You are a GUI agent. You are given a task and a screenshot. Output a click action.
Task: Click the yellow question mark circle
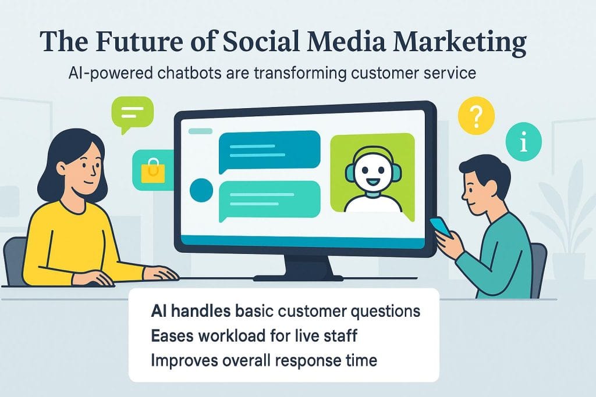pos(476,114)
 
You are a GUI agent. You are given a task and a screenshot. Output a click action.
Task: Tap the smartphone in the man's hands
pos(441,226)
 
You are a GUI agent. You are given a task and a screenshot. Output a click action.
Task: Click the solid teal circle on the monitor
pos(201,190)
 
